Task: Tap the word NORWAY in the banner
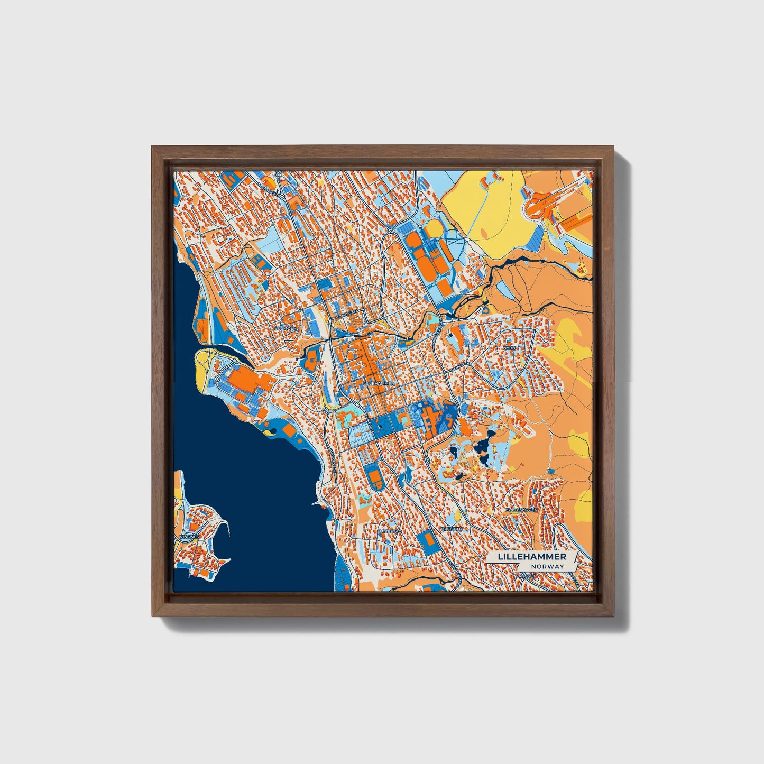548,566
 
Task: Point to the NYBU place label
509,348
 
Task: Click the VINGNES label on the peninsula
189,536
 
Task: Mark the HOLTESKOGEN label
521,509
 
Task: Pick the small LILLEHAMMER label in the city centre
379,382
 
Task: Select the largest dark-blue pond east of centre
483,448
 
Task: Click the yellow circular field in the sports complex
434,228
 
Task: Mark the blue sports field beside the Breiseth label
425,540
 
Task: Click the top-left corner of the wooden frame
152,147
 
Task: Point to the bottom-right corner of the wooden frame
614,616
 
